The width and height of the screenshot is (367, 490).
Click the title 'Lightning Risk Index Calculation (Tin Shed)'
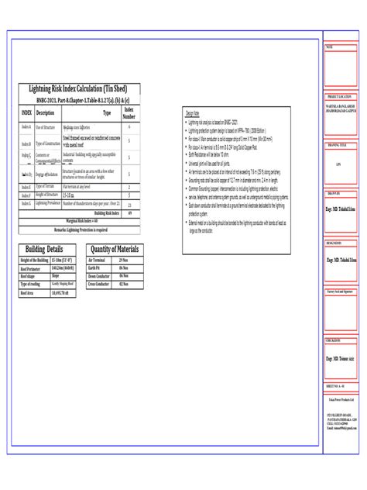click(x=80, y=88)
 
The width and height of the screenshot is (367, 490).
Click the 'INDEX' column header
click(x=26, y=113)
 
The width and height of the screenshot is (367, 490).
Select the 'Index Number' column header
click(x=128, y=113)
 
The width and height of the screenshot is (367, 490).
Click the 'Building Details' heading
click(x=45, y=249)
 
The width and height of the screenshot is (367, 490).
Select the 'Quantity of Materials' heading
click(x=115, y=249)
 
